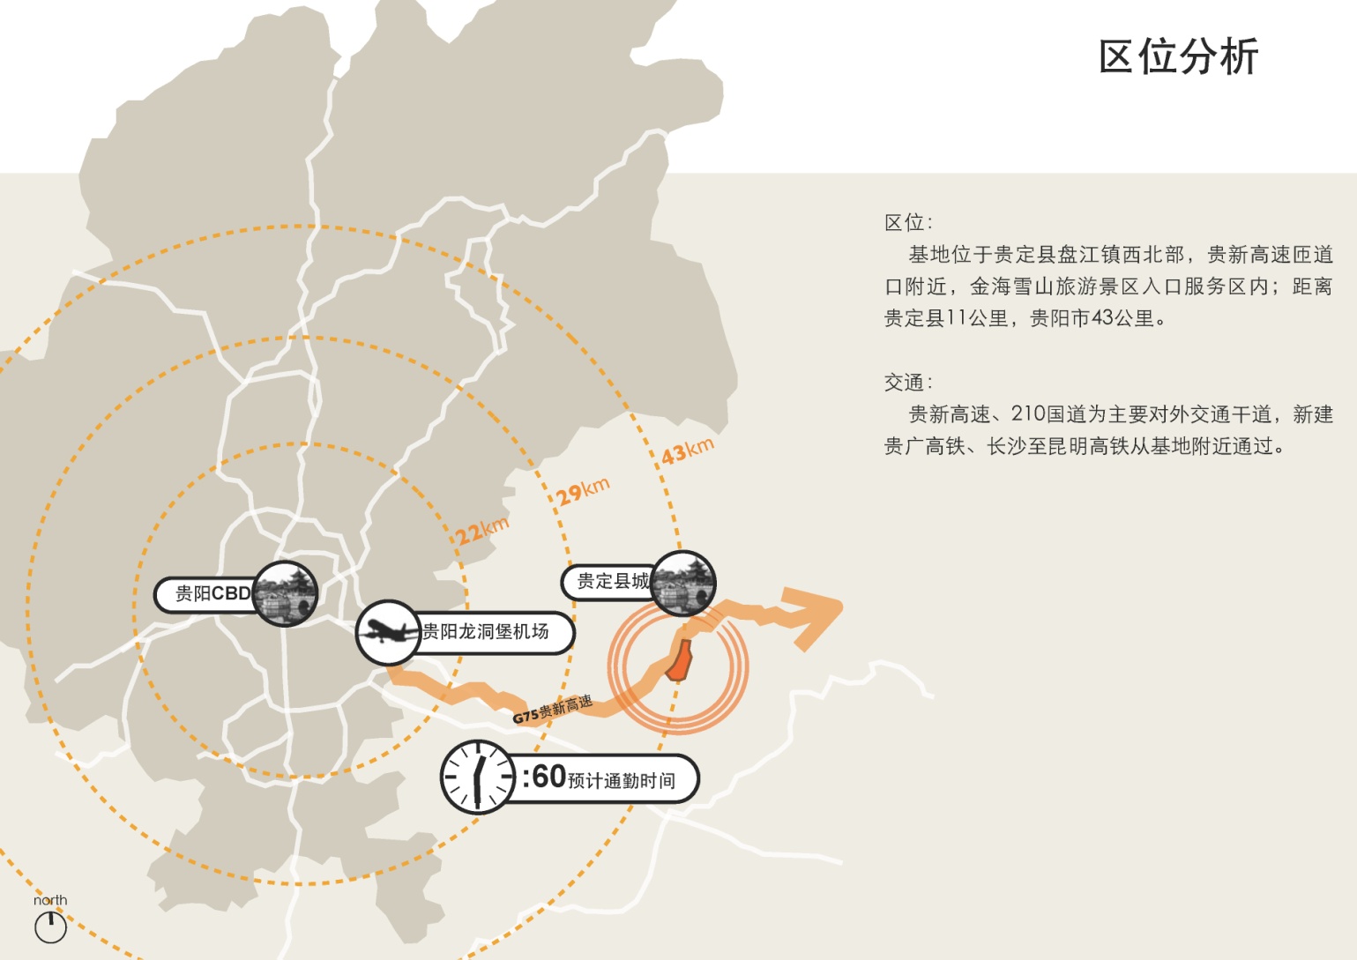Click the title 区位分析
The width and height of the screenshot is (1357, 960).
click(x=1178, y=56)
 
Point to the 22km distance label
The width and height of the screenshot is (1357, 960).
click(x=481, y=532)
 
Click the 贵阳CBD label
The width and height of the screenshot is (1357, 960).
click(x=212, y=593)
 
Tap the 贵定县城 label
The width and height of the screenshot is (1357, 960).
click(x=613, y=581)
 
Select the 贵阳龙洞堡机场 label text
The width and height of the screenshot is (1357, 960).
click(x=485, y=632)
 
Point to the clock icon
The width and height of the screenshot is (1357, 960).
click(x=477, y=777)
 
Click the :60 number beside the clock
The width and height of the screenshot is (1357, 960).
click(x=543, y=777)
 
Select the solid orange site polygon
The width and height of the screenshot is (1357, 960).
click(x=681, y=660)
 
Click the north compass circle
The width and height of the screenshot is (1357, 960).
click(x=50, y=927)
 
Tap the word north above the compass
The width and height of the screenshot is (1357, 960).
click(x=50, y=900)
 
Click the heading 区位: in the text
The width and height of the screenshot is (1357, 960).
click(x=908, y=222)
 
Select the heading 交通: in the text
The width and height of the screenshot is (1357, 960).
click(x=908, y=383)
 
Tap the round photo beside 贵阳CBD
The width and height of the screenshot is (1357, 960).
click(x=285, y=593)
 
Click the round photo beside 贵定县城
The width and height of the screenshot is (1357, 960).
click(x=683, y=584)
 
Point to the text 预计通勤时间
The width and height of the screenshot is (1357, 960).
click(x=622, y=781)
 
